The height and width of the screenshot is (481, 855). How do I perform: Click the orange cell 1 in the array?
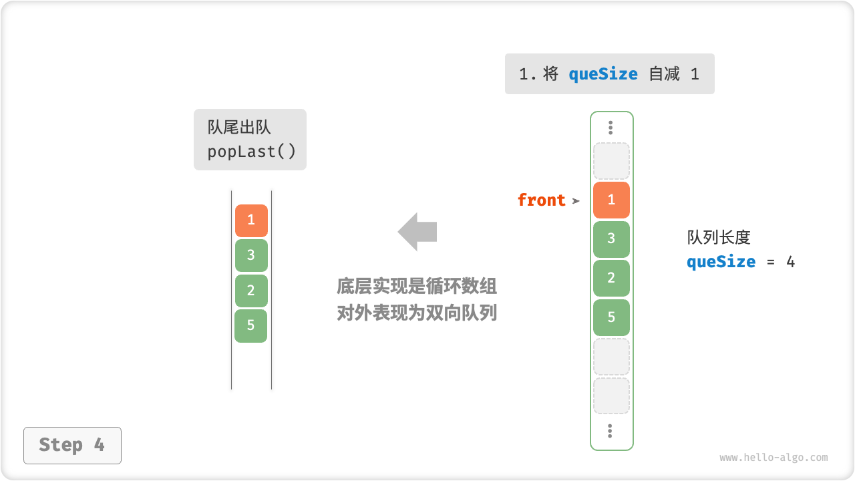(611, 200)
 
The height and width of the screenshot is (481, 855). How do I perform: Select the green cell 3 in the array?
(611, 239)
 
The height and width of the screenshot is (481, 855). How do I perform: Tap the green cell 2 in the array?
(611, 278)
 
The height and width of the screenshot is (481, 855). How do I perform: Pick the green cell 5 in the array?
(611, 317)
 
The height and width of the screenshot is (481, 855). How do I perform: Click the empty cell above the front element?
(611, 161)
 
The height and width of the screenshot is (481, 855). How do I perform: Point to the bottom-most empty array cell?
(611, 396)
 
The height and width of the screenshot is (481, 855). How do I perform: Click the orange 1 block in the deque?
(251, 220)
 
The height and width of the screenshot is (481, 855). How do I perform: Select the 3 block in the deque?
(251, 255)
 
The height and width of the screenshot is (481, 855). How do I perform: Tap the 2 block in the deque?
(251, 291)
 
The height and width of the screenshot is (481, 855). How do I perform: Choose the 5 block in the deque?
(251, 326)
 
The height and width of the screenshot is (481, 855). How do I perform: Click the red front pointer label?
(541, 200)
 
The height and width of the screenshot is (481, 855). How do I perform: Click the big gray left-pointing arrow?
(417, 232)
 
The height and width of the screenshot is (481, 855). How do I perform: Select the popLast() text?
(251, 152)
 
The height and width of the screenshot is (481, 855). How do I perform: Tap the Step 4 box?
(72, 445)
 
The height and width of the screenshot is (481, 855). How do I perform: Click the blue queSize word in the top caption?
(603, 74)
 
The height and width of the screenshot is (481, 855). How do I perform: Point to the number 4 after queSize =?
(790, 262)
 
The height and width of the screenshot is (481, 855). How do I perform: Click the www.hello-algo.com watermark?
(774, 458)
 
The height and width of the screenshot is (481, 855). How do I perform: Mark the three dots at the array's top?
(611, 128)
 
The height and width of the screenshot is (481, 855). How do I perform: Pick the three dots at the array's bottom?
(611, 431)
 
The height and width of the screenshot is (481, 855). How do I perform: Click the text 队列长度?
(719, 238)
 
